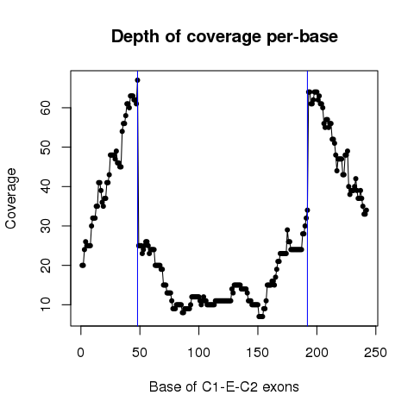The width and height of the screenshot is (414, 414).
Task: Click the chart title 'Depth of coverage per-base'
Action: point(224,37)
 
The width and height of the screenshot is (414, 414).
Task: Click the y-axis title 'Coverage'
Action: point(11,198)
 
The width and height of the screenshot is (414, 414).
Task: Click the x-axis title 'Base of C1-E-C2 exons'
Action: point(224,386)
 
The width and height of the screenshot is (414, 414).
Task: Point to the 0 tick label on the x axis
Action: point(81,353)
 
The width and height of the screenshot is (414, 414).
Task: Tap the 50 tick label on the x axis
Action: point(140,353)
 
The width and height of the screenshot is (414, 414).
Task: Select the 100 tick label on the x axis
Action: point(198,353)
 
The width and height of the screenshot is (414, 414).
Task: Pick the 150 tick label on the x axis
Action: point(258,353)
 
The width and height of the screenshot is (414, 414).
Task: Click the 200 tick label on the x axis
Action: point(317,353)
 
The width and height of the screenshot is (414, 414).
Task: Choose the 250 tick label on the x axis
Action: point(376,353)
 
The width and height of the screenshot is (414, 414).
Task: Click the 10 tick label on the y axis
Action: point(46,304)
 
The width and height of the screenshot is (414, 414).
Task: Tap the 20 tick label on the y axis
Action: point(46,265)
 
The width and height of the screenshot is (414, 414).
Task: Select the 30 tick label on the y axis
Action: point(46,226)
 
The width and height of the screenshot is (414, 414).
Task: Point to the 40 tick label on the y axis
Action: point(46,186)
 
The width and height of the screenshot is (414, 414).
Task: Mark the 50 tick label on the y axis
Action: point(46,147)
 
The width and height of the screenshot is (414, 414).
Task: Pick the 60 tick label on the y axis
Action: point(46,108)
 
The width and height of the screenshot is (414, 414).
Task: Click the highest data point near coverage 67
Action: point(137,80)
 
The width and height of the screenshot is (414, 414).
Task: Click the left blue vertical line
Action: point(137,198)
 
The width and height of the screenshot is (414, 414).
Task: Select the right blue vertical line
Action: point(308,198)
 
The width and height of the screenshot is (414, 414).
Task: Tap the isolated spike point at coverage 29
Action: point(287,229)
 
